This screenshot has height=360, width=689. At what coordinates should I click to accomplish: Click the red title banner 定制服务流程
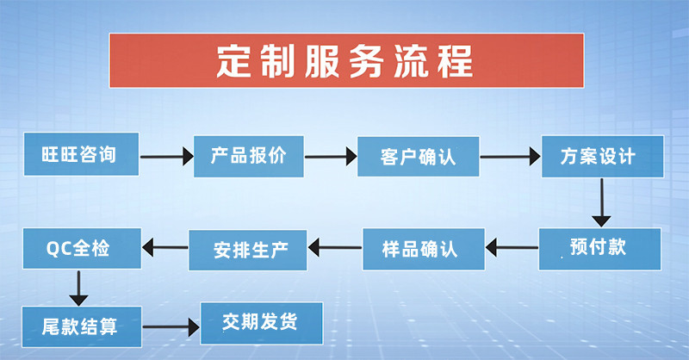[345, 60]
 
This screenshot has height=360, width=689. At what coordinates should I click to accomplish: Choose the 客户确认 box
[418, 157]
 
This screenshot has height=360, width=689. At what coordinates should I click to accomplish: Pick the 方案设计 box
[602, 157]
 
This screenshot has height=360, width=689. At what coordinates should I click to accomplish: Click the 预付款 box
[600, 248]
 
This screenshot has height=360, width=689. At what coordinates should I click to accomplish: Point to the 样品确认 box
[423, 249]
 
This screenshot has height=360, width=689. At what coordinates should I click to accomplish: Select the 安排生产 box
[249, 251]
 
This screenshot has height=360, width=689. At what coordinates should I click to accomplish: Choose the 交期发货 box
[261, 323]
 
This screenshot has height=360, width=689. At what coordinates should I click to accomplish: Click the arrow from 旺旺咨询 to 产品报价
[166, 157]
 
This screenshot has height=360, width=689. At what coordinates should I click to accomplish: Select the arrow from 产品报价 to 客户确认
[331, 157]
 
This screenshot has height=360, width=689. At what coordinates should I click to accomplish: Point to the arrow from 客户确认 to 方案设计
[509, 158]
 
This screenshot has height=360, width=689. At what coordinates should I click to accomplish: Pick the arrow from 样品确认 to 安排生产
[335, 250]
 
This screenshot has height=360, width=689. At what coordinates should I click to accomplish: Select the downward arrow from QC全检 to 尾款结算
[78, 287]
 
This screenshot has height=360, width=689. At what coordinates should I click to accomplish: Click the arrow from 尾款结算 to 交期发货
[170, 327]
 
